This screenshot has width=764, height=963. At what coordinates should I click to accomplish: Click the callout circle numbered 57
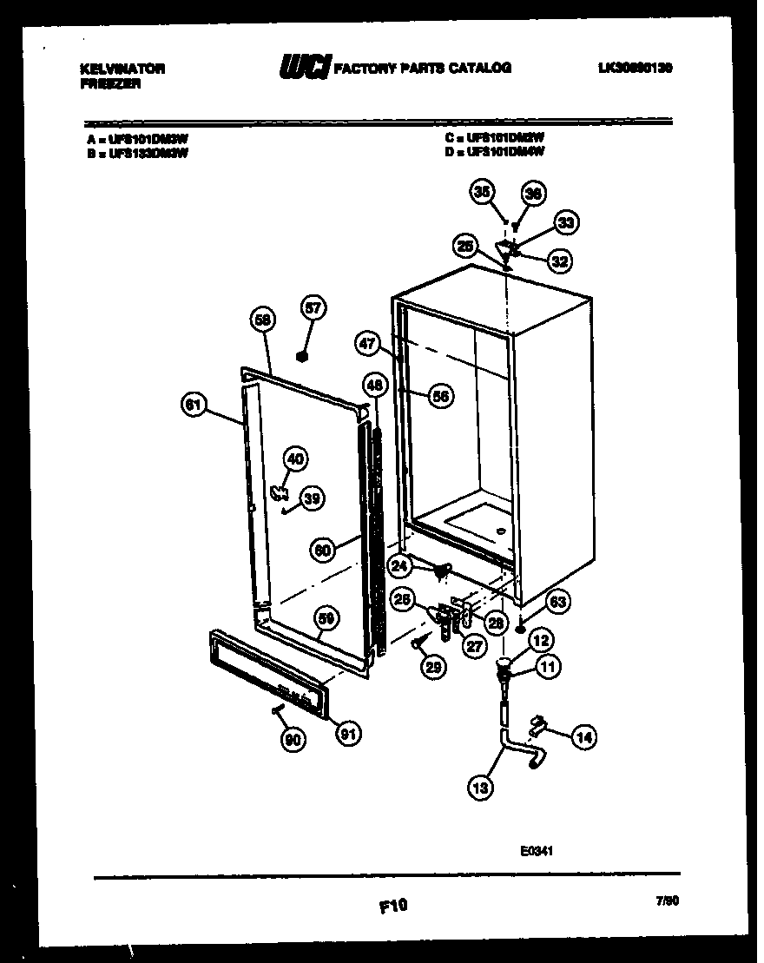pyautogui.click(x=313, y=307)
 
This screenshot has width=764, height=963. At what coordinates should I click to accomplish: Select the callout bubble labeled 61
pyautogui.click(x=194, y=404)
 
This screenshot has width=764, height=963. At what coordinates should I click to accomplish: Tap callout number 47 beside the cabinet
pyautogui.click(x=367, y=343)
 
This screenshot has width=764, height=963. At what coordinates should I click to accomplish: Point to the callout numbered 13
pyautogui.click(x=478, y=788)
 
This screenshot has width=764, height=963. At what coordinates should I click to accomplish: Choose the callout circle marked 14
pyautogui.click(x=584, y=737)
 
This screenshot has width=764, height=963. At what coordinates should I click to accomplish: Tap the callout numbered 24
pyautogui.click(x=399, y=567)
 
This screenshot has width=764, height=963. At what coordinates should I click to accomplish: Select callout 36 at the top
pyautogui.click(x=533, y=195)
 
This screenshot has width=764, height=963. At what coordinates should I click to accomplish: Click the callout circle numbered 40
pyautogui.click(x=295, y=458)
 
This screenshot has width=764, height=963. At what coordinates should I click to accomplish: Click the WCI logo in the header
pyautogui.click(x=305, y=68)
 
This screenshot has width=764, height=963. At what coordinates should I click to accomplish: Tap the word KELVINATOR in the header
pyautogui.click(x=122, y=68)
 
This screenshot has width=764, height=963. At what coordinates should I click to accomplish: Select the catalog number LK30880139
pyautogui.click(x=636, y=67)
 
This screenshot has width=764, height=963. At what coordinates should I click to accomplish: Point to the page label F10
pyautogui.click(x=392, y=906)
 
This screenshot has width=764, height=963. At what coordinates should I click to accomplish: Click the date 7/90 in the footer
pyautogui.click(x=668, y=903)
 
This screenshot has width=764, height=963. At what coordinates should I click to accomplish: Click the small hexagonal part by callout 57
pyautogui.click(x=302, y=355)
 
